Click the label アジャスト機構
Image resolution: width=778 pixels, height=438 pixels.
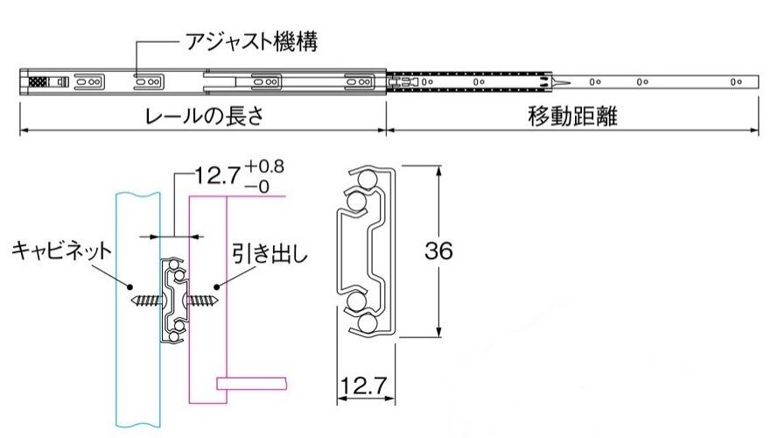(251, 42)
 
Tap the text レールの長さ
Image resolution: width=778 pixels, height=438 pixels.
(203, 117)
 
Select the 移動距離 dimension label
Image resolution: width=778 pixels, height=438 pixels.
(572, 117)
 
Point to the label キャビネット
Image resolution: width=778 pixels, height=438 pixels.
(61, 251)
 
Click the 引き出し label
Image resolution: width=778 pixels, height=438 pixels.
(270, 254)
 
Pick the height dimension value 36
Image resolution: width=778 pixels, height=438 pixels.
(438, 251)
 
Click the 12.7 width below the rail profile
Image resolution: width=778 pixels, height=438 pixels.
(364, 385)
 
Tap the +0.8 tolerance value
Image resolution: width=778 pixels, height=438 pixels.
(264, 166)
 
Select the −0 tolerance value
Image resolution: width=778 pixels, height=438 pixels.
(257, 187)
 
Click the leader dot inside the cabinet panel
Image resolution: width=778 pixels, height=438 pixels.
(130, 286)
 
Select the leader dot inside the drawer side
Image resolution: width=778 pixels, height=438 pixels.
(216, 286)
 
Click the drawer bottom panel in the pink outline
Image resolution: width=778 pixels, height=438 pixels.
(251, 384)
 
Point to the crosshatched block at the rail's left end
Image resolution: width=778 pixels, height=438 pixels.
(39, 81)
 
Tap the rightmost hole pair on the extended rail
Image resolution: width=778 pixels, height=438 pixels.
(736, 82)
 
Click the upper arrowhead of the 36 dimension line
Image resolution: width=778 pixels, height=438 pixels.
(438, 170)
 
